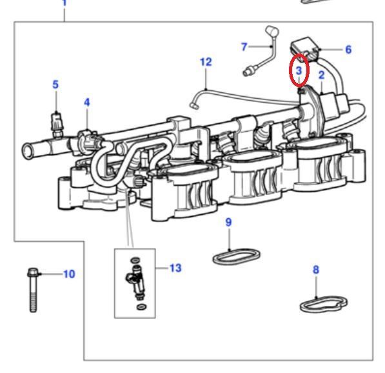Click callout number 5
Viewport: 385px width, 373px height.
coord(55,85)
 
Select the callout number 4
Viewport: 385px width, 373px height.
coord(87,102)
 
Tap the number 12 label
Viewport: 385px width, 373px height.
coord(206,62)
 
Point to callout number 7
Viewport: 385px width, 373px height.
coord(244,46)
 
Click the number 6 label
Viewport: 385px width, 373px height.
coord(348,50)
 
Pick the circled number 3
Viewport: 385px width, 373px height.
coord(299,71)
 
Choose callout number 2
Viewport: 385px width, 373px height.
coord(322,75)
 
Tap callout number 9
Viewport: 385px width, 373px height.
coord(228,222)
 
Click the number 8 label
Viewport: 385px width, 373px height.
coord(316,270)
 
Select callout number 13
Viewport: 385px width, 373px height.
coord(175,268)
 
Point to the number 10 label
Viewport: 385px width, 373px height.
coord(69,274)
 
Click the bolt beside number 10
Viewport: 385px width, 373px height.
coord(33,290)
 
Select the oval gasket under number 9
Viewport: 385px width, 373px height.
coord(236,256)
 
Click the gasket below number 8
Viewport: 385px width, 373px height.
coord(324,304)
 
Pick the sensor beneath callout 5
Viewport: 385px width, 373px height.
coord(57,124)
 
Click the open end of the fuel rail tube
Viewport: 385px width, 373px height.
coord(28,150)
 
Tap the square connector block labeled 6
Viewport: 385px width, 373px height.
coord(304,48)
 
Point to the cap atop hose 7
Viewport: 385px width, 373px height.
coord(272,31)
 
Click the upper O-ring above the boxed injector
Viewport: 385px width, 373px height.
coord(135,260)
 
